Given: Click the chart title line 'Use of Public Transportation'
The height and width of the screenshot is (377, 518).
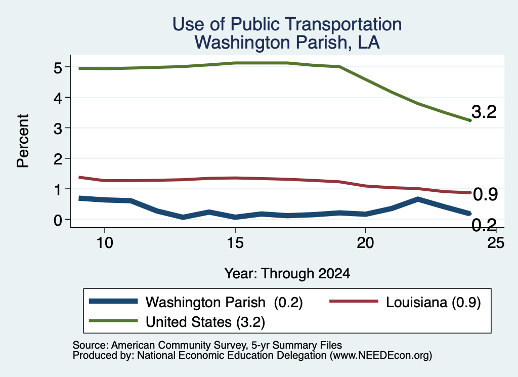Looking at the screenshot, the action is (x=287, y=24).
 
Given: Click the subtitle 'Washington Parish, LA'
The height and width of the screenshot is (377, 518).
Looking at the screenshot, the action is (x=287, y=43).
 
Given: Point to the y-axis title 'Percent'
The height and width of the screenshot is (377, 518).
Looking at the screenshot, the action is (x=23, y=141).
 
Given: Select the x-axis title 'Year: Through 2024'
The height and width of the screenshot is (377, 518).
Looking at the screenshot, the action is (x=287, y=274).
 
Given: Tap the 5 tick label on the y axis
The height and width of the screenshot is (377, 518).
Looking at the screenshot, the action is (x=58, y=68).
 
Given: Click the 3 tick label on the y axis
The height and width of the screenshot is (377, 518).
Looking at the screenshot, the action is (x=58, y=129).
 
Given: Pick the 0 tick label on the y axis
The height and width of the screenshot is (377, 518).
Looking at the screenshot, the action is (x=58, y=220).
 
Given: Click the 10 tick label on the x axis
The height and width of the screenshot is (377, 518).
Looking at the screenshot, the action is (x=105, y=243).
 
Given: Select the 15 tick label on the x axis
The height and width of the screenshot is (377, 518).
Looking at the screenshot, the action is (x=235, y=243).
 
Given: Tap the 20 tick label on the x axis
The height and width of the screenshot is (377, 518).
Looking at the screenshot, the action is (x=365, y=243).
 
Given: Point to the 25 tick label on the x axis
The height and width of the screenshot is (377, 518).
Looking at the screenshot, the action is (x=496, y=243).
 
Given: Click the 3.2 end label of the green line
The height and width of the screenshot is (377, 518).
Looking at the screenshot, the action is (x=484, y=112).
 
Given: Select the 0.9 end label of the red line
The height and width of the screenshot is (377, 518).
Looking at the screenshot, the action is (x=485, y=194).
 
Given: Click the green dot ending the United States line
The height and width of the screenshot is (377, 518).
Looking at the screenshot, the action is (x=470, y=120).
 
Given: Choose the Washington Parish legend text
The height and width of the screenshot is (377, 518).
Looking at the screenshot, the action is (x=205, y=302).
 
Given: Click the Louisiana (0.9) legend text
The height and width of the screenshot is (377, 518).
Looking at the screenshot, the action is (x=433, y=302).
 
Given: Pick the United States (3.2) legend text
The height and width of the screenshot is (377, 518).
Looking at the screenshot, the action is (x=205, y=322).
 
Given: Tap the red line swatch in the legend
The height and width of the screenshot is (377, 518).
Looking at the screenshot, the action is (x=354, y=301).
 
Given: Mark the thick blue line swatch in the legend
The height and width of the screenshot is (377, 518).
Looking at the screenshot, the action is (x=113, y=301).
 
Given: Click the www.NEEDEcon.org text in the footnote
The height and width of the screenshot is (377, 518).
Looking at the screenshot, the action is (x=381, y=356).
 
